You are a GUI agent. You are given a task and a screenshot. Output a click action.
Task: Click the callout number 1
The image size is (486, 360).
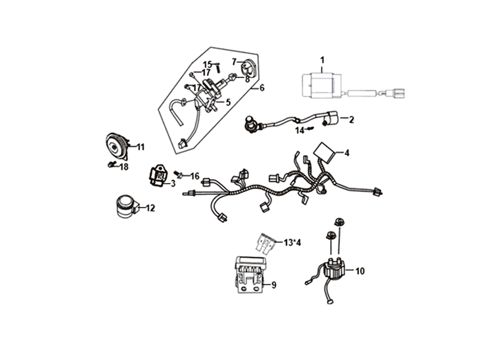(x=322, y=60)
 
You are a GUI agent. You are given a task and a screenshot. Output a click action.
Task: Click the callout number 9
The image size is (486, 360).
(x=274, y=285)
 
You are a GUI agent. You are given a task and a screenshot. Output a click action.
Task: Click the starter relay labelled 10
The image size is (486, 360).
(x=333, y=267)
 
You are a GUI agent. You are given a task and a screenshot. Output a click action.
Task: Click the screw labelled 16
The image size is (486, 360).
(x=179, y=175)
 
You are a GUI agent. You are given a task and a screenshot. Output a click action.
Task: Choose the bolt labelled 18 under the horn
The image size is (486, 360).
(x=111, y=165)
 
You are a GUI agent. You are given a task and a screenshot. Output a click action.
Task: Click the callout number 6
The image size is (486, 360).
(x=262, y=88)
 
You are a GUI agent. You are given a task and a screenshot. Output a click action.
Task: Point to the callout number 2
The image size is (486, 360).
(x=351, y=120)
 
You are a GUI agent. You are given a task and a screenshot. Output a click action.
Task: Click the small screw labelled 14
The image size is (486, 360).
(x=311, y=128)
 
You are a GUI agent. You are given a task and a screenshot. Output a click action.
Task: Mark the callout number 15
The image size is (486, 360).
(x=207, y=64)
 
